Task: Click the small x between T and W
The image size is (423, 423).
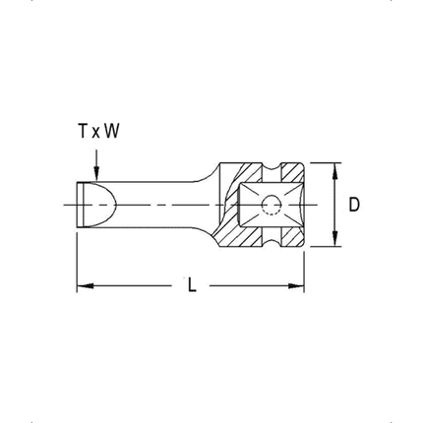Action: [x=96, y=130]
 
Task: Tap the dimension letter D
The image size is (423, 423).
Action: [x=354, y=205]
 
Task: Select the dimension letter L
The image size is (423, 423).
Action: [x=193, y=286]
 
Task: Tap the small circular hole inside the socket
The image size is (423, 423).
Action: [x=270, y=205]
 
